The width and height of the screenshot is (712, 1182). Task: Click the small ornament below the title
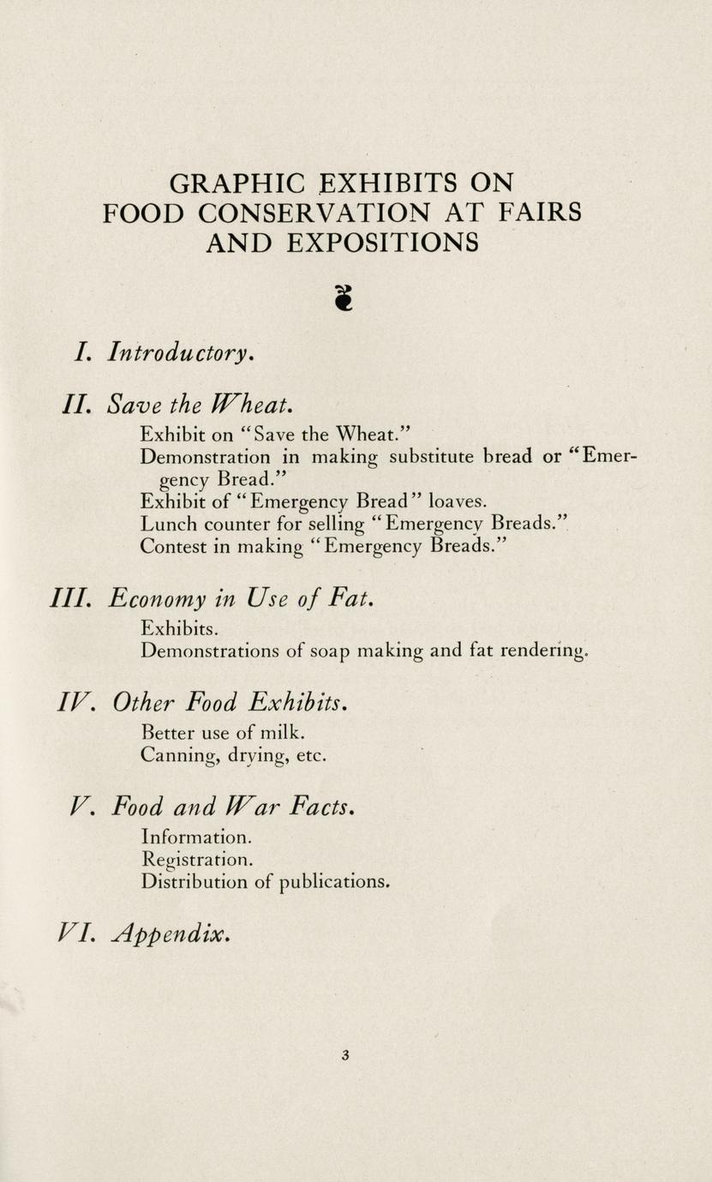[343, 296]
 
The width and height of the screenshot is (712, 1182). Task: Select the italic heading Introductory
[180, 351]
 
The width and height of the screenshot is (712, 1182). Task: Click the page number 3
[345, 1055]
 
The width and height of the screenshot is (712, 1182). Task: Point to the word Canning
[177, 757]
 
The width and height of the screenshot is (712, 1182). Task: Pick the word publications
[337, 882]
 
